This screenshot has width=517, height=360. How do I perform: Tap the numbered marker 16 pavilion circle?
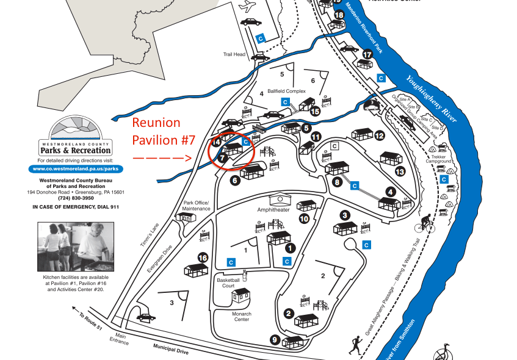203,257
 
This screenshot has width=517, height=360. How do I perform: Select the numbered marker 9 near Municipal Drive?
275,340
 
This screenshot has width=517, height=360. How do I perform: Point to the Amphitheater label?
273,210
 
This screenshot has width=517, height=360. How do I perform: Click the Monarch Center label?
242,316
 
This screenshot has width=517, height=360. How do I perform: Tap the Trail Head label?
234,54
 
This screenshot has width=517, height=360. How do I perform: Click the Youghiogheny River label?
431,97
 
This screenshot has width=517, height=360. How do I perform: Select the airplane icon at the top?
248,7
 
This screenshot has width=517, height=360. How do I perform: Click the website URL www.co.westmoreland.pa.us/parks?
77,168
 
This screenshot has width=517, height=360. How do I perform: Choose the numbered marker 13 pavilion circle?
400,171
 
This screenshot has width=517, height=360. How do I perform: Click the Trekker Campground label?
442,159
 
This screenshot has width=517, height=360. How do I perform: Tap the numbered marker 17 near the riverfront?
367,54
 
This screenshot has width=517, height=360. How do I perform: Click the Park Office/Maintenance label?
196,206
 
